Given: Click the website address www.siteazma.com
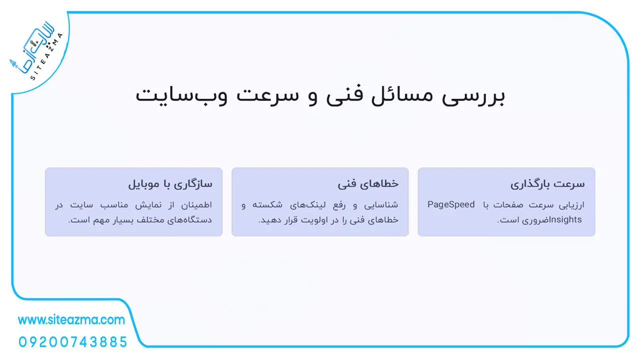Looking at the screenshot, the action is click(x=71, y=320).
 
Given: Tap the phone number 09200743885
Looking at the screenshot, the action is click(x=73, y=342).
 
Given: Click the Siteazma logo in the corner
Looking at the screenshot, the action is click(x=35, y=51).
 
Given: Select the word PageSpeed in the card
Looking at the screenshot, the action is click(x=451, y=205).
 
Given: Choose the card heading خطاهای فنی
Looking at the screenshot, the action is click(x=368, y=183).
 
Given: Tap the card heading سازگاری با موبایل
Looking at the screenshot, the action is click(x=170, y=184).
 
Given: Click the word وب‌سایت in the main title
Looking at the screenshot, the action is click(x=181, y=95).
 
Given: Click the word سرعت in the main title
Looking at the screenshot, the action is click(x=267, y=95).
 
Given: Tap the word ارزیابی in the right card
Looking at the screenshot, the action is click(x=571, y=205).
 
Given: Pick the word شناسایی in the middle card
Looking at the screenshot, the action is click(x=381, y=205).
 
